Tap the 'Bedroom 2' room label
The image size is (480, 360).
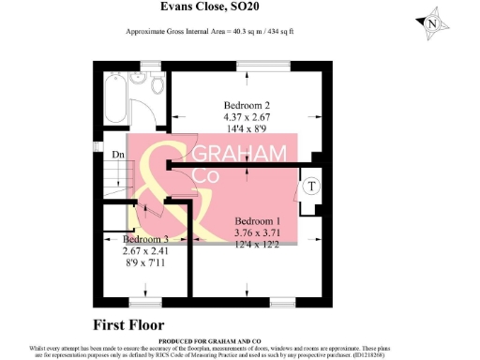(247, 104)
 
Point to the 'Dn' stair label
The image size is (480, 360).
(118, 155)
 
